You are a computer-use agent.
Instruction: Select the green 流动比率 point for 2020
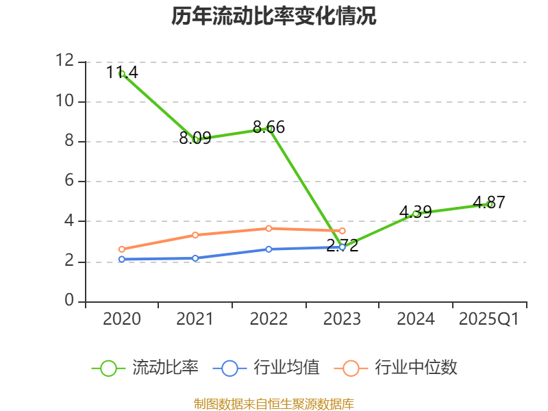coord(122,73)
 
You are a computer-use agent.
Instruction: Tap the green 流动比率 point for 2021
coord(196,139)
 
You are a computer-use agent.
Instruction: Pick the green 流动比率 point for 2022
coord(269,129)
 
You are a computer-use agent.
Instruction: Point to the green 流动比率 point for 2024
coord(416,214)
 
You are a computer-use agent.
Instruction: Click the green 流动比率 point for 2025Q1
coord(489,204)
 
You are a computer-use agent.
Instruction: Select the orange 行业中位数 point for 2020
coord(122,249)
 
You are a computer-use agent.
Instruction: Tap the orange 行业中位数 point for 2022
coord(269,228)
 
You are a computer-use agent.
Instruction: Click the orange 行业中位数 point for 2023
coord(342,231)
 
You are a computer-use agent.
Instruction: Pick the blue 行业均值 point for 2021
coord(196,258)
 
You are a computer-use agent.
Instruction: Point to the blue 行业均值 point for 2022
coord(269,249)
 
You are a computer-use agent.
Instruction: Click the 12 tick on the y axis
coord(64,62)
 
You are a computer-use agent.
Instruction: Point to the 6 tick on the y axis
coord(69,182)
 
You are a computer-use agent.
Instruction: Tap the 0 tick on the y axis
coord(69,301)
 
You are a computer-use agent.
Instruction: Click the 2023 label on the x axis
coord(342,319)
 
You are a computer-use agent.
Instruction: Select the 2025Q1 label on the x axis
coord(489,319)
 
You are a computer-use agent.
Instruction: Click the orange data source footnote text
coord(274,403)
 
